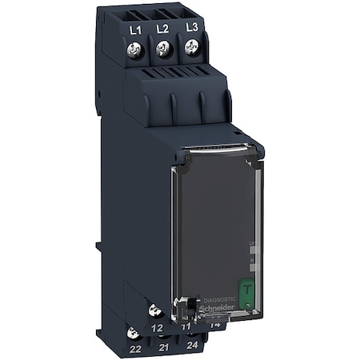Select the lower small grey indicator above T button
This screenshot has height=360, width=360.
pos(254,261)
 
